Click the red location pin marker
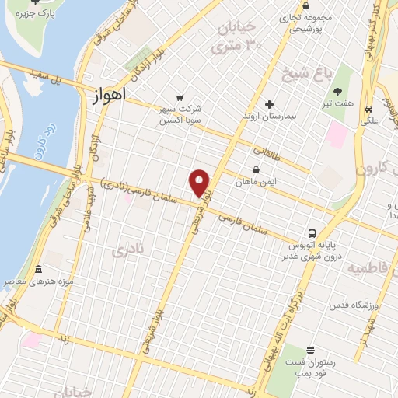point(200,183)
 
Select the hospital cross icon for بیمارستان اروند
point(269,104)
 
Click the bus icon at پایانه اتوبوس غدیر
point(312,232)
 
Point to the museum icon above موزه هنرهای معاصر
point(38,270)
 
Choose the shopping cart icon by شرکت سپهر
point(180,98)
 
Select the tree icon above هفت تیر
point(337,93)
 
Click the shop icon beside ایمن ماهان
point(257,169)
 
